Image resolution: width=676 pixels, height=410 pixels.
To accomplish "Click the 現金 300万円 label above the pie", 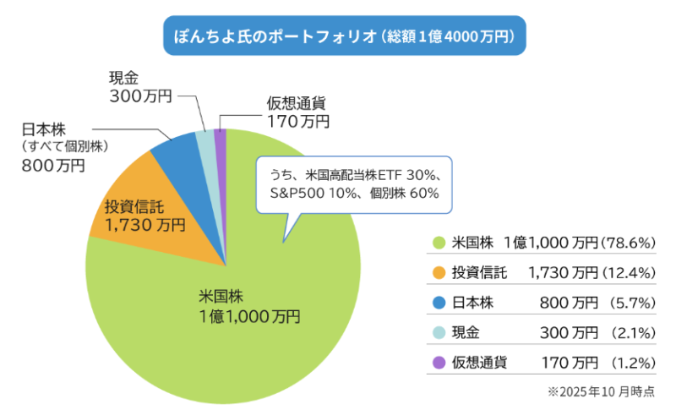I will pyautogui.click(x=139, y=87).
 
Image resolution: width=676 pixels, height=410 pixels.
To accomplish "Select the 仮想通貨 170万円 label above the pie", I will pyautogui.click(x=297, y=112).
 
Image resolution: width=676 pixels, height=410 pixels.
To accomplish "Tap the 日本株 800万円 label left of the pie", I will pyautogui.click(x=63, y=147).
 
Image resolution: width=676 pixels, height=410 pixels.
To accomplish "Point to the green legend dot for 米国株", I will pyautogui.click(x=438, y=243).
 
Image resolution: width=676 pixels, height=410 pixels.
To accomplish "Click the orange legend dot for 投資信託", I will pyautogui.click(x=438, y=272).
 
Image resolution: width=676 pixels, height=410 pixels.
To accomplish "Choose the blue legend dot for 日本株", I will pyautogui.click(x=438, y=302).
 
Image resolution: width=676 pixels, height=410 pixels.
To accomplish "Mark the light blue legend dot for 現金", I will pyautogui.click(x=438, y=332).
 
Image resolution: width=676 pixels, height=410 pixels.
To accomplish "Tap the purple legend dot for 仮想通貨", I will pyautogui.click(x=438, y=363).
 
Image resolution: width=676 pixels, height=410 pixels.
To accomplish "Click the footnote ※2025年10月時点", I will pyautogui.click(x=601, y=393).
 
